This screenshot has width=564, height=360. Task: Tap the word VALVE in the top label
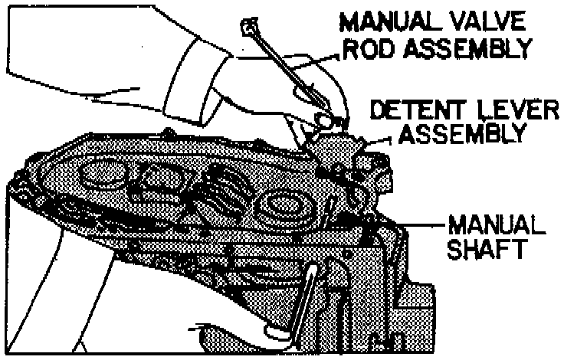(x=484, y=21)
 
